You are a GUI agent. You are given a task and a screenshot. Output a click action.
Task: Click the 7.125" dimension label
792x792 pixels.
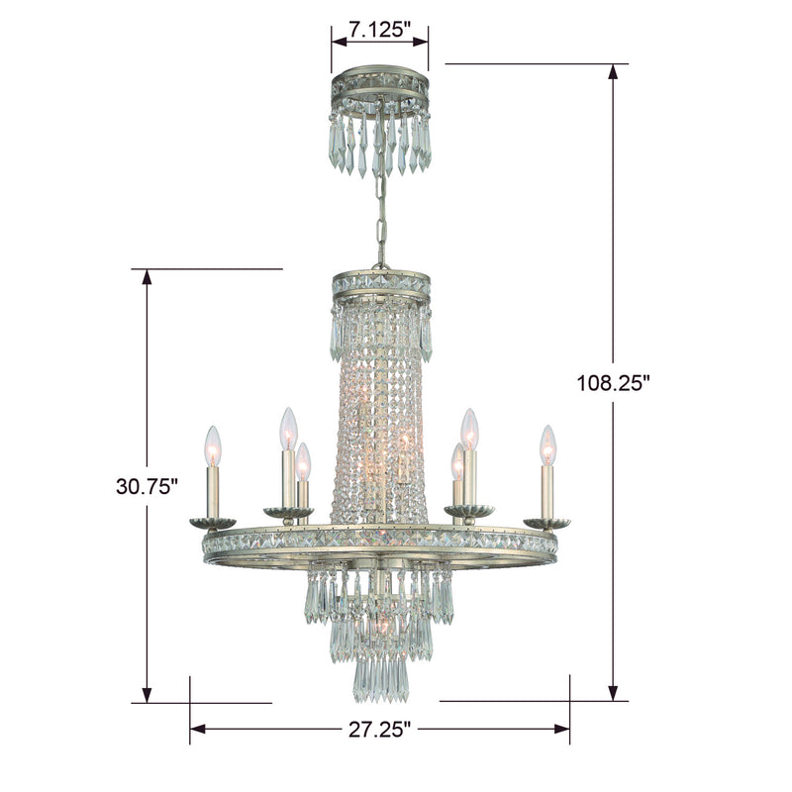[379, 31]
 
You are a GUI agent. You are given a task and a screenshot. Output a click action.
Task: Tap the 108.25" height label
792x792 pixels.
[612, 383]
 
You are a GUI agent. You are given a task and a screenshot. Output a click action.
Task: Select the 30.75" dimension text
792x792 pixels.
[147, 486]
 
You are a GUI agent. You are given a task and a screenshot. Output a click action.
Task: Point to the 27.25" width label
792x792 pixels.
[380, 730]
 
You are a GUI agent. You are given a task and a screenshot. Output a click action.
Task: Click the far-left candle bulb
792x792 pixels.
[213, 445]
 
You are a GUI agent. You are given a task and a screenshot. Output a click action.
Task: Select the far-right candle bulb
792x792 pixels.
[547, 445]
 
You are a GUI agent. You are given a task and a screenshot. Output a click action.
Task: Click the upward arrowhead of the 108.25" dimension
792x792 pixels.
[613, 71]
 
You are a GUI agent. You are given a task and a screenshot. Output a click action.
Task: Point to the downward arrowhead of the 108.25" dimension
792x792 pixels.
[613, 693]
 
